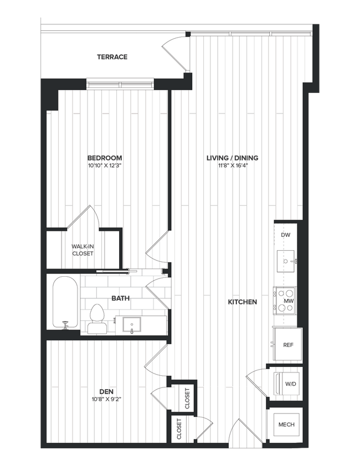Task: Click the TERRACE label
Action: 112,57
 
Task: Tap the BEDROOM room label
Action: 104,158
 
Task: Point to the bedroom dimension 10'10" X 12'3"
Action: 104,165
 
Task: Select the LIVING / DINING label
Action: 233,158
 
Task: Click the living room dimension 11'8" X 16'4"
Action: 233,165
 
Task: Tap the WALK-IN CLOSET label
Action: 83,250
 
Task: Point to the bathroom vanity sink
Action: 132,323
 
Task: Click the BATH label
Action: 120,298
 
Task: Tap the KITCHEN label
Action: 242,302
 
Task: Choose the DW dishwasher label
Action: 286,235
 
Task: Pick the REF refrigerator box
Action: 287,344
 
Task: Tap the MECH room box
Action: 286,425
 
